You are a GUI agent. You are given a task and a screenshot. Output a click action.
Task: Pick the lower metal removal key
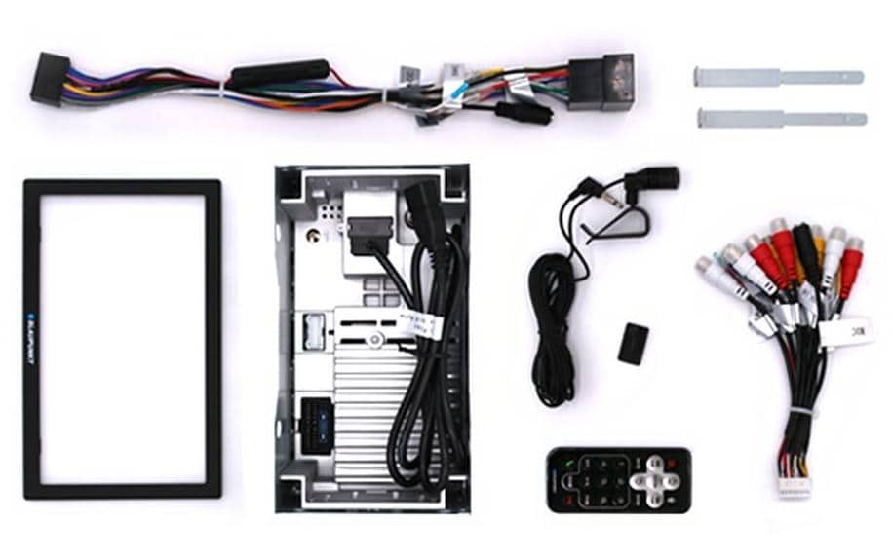pos(781,119)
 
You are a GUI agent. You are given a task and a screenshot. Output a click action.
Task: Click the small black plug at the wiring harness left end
pos(50,79)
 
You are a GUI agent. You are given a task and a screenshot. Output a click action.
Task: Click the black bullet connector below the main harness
pos(524,111)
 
